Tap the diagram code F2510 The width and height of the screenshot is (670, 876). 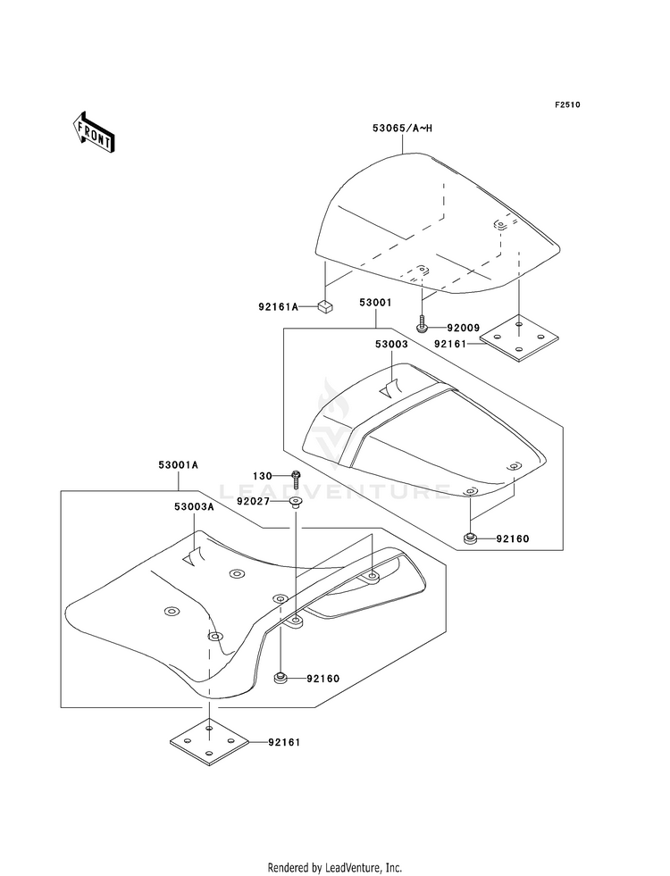566,105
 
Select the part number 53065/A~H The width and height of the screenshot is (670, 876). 402,129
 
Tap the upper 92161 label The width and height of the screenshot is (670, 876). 453,342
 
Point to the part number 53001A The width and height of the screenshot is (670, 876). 179,465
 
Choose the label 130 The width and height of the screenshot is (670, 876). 262,476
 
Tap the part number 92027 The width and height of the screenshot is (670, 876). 255,502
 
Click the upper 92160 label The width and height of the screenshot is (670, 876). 514,538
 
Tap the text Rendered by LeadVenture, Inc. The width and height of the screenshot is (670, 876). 335,867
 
